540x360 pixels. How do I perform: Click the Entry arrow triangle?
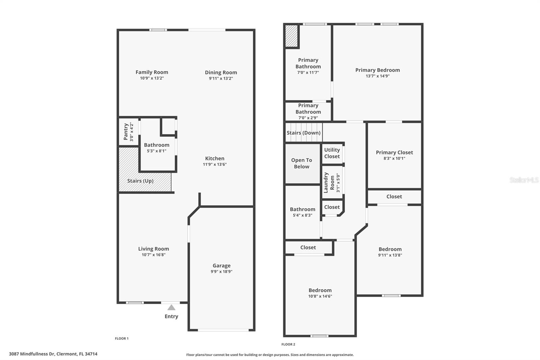coord(171,307)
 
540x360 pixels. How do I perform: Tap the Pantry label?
coord(126,132)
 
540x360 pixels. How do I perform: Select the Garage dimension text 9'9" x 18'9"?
coord(221,272)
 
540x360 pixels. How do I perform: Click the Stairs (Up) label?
coord(140,181)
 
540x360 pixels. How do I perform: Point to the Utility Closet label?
coord(332,153)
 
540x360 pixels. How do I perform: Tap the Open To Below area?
coord(302,163)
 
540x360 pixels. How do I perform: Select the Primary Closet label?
coord(394,152)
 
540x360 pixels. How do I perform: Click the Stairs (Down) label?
coord(303,133)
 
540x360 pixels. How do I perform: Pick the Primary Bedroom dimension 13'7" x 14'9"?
coord(377,76)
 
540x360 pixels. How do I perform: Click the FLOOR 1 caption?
coord(122,338)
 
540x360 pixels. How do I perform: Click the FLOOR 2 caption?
coord(288,344)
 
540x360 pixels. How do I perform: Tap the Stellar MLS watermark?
coord(524,180)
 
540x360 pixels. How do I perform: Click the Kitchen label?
coord(215,158)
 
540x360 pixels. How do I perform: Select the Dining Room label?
coord(221,72)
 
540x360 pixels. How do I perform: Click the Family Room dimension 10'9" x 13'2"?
coord(152,78)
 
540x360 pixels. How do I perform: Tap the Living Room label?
coord(154,249)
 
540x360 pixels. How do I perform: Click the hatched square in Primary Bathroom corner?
coord(292,36)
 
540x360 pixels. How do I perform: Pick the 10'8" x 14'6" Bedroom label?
coord(320,290)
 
